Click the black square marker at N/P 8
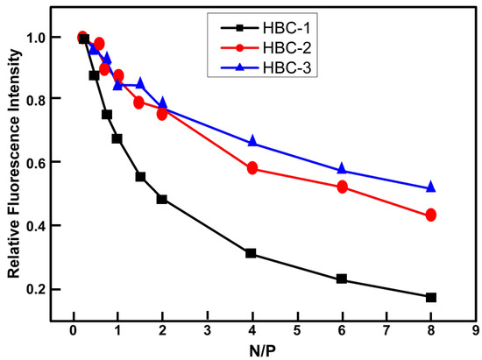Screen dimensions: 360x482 click(x=430, y=298)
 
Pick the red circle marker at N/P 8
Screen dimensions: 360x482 click(x=430, y=215)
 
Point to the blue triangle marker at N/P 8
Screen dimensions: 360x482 click(x=430, y=187)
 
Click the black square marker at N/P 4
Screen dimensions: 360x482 click(x=252, y=253)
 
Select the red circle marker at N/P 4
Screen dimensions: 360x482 click(x=252, y=168)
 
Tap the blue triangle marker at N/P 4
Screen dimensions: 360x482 click(x=252, y=141)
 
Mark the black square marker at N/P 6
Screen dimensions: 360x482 click(x=341, y=279)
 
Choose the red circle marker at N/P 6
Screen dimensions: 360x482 click(x=342, y=187)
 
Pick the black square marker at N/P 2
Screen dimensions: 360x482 click(x=162, y=199)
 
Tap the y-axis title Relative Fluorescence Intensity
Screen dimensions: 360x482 click(x=14, y=166)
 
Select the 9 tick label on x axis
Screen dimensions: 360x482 click(x=474, y=330)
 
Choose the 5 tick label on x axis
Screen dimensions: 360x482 click(x=296, y=330)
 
